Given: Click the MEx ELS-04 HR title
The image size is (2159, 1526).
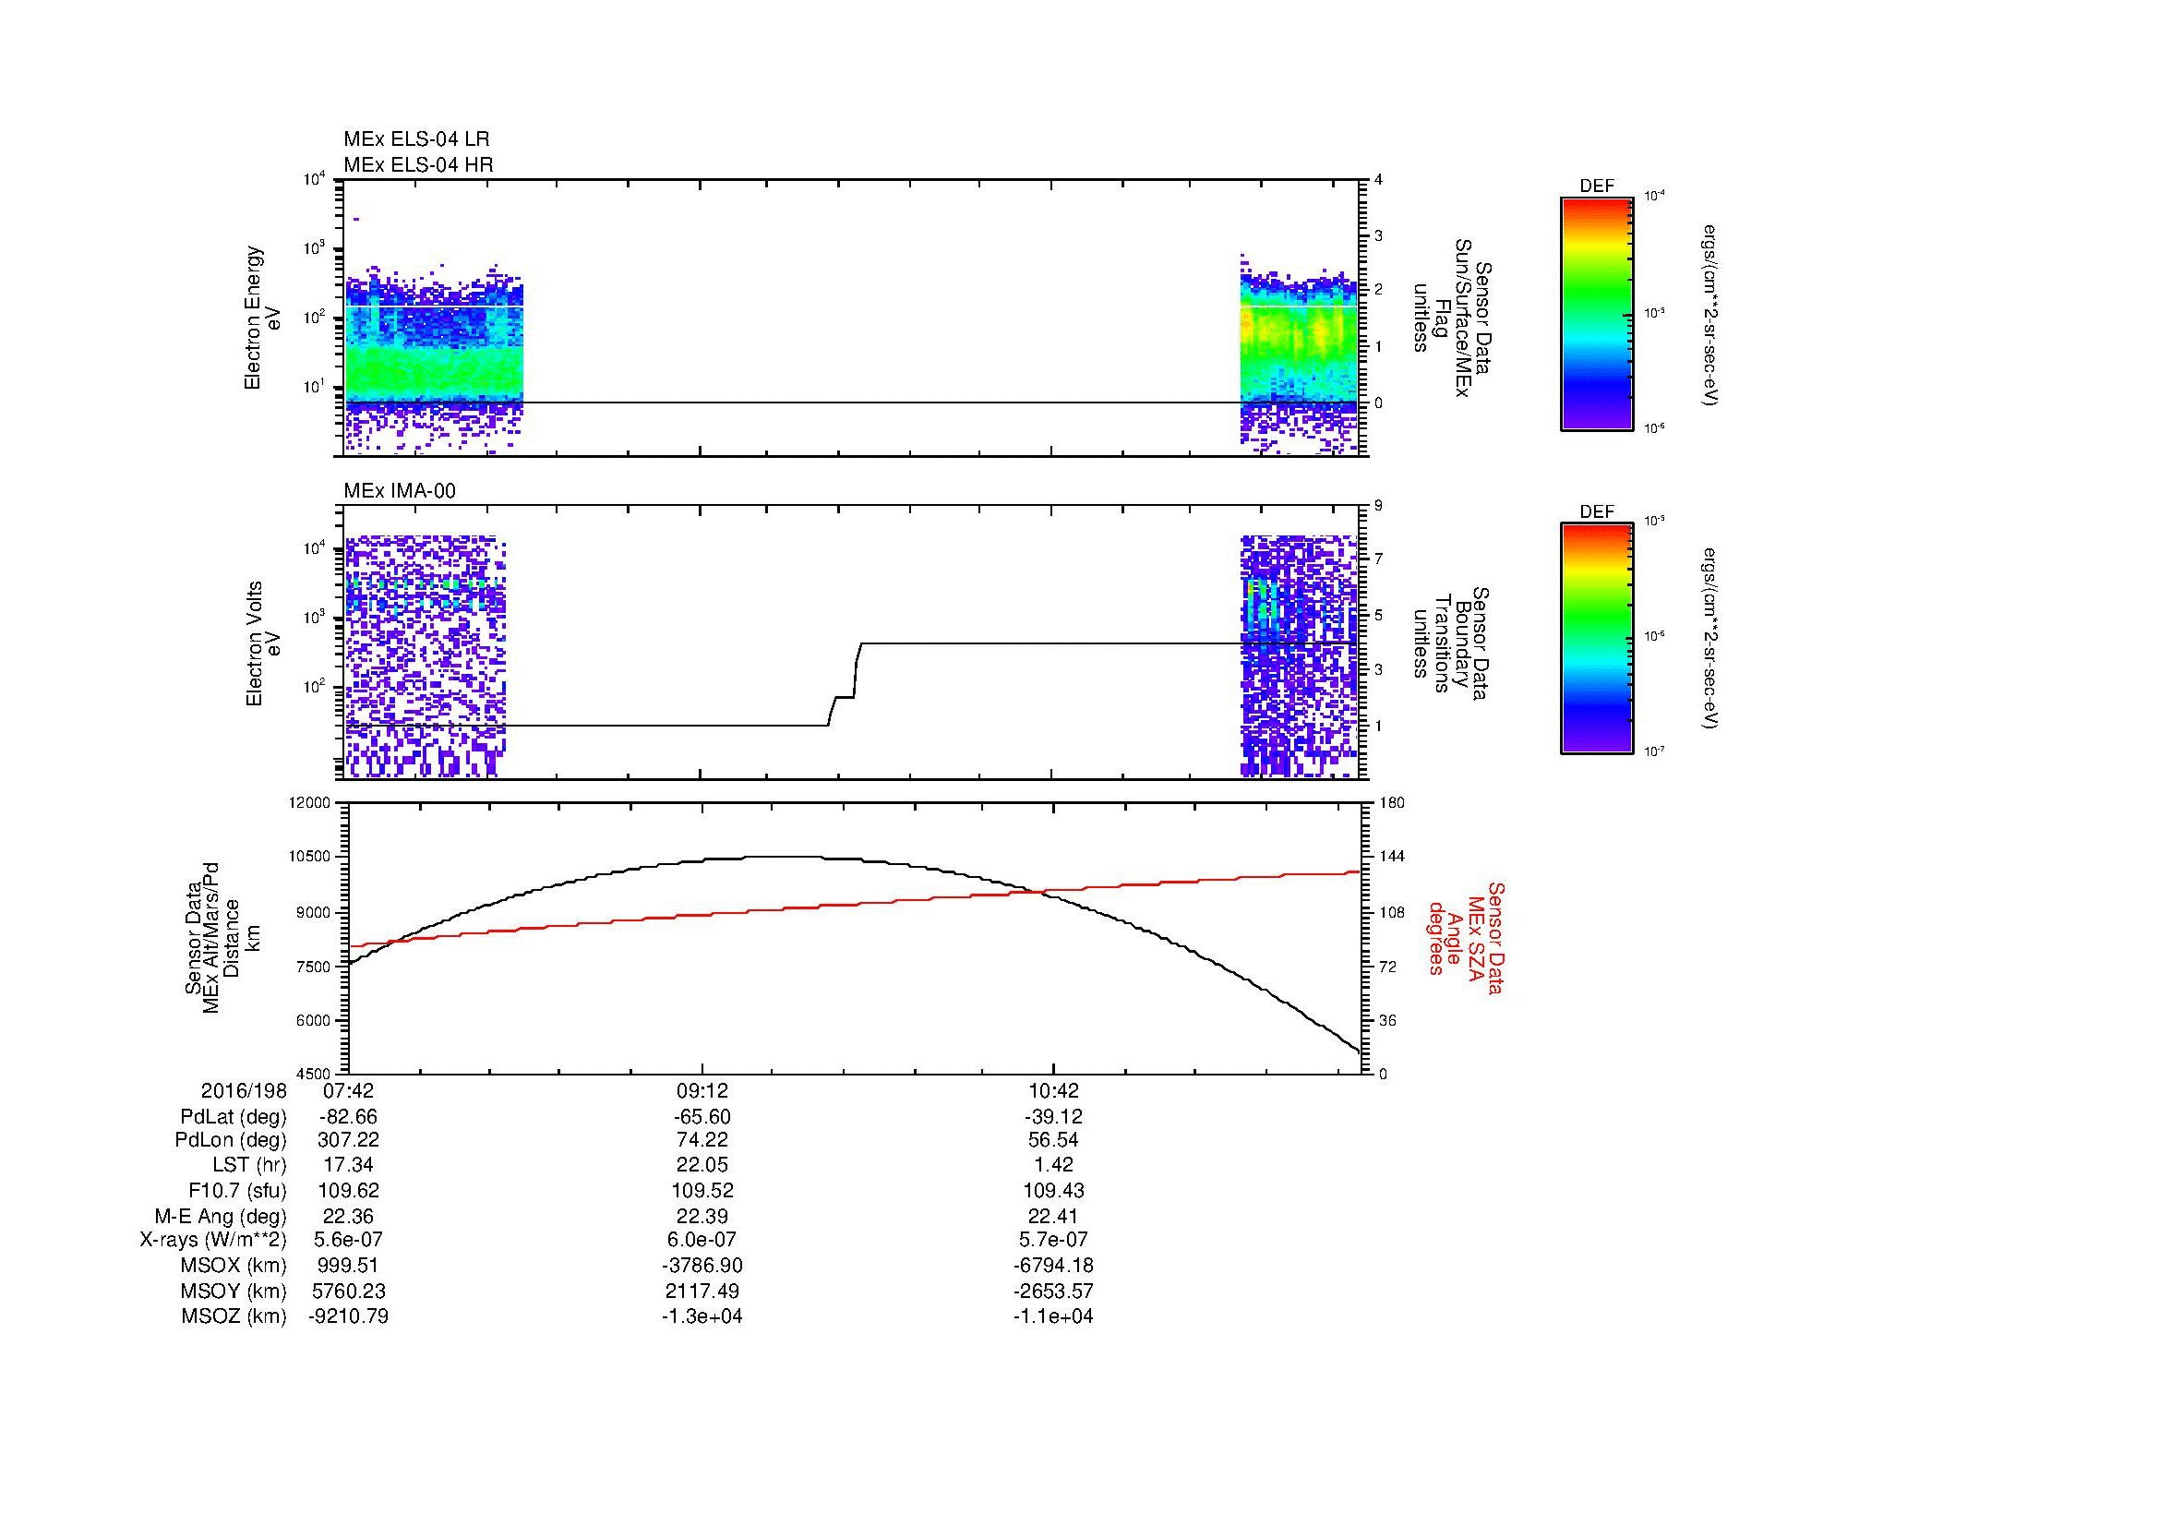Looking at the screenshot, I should click(418, 164).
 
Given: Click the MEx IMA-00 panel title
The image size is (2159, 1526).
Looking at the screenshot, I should click(400, 491).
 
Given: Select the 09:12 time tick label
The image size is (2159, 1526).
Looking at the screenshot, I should click(702, 1091).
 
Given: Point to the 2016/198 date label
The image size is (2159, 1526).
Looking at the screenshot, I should click(243, 1091).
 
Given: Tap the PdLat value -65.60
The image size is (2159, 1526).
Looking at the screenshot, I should click(702, 1117).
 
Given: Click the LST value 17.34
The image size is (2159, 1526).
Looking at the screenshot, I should click(348, 1164).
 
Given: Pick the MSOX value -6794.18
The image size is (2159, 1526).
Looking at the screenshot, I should click(1053, 1266).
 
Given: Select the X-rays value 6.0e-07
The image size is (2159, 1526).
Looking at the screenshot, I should click(702, 1240).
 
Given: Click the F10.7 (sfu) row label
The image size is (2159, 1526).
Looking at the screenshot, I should click(237, 1189).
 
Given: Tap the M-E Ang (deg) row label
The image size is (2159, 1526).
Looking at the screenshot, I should click(221, 1215).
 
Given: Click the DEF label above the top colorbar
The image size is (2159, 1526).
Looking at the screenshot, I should click(1597, 186).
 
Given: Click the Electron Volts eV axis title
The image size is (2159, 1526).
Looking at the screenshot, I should click(263, 643).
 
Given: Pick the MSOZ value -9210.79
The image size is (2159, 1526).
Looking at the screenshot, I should click(348, 1316).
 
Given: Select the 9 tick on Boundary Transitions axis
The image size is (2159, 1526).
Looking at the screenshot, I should click(1378, 505).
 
